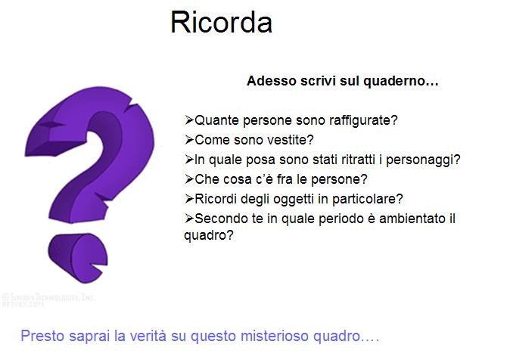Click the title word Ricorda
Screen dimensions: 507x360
coord(221,22)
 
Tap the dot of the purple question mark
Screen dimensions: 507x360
coord(78,257)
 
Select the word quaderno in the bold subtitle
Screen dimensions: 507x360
coord(400,82)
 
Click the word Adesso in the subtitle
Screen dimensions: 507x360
coord(272,81)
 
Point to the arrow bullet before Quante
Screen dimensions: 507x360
coord(189,120)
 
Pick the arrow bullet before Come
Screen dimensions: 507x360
coord(189,140)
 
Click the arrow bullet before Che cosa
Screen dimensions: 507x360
coord(189,179)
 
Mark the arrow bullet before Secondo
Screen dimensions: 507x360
coord(189,219)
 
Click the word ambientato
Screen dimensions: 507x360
coord(412,219)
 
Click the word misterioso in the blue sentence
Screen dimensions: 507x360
coord(275,337)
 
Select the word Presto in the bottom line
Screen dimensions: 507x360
coord(42,336)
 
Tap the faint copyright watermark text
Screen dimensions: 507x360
coord(48,300)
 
